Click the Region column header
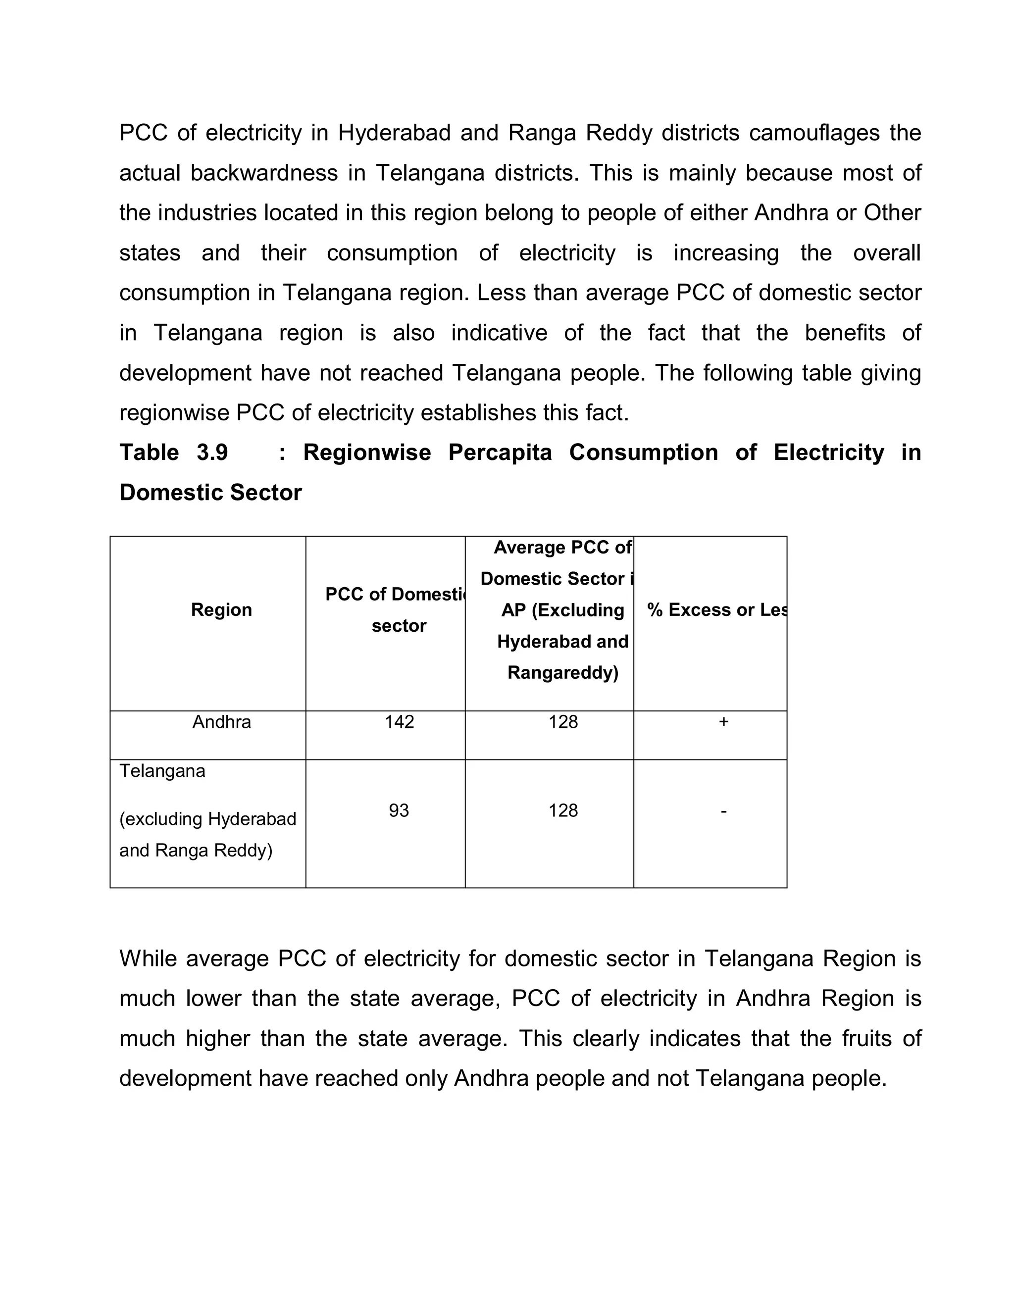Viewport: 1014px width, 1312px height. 221,610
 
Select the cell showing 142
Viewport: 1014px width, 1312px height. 399,721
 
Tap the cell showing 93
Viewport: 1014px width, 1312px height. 399,810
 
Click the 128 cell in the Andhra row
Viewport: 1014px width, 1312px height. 563,721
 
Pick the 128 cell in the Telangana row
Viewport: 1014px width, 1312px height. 563,810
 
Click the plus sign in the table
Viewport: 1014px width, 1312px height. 723,721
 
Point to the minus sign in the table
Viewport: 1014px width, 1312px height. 723,811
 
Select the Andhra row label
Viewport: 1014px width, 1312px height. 221,721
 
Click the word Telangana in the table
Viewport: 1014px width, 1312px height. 162,771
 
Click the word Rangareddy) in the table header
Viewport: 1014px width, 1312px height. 563,672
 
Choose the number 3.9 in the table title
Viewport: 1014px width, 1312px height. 212,453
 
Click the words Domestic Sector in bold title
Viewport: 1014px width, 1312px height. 210,493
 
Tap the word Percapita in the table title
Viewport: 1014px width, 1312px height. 500,453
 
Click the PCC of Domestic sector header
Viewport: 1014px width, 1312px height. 397,610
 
